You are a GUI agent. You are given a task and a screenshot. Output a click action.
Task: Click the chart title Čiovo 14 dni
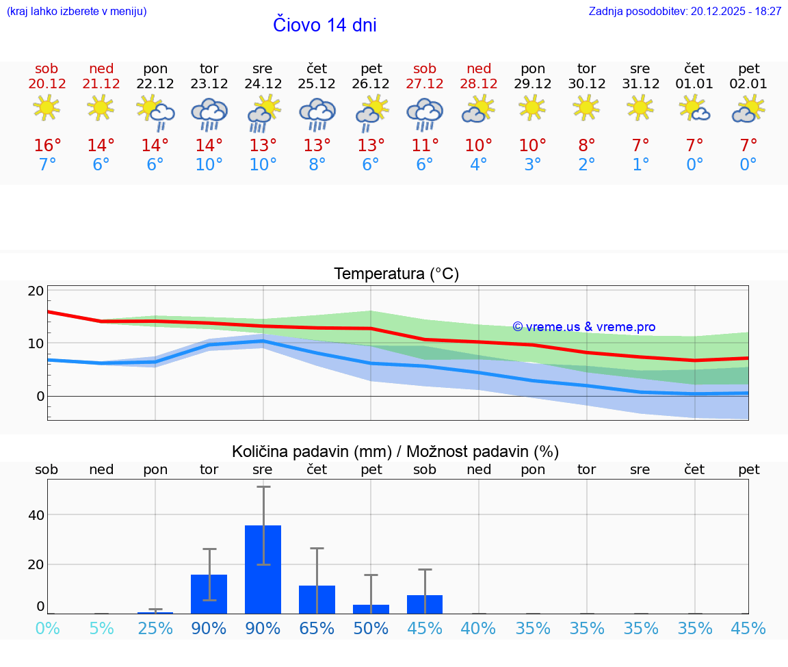tap(324, 25)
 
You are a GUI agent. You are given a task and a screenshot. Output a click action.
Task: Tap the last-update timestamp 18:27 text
tap(767, 12)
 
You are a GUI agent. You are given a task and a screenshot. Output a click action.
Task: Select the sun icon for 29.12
tap(533, 108)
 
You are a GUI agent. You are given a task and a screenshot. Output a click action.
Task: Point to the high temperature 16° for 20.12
tap(47, 146)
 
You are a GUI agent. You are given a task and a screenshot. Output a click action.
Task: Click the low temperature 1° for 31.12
tap(640, 165)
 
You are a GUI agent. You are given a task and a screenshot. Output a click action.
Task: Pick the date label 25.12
tap(317, 84)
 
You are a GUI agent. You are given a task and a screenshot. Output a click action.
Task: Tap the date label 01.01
tap(694, 84)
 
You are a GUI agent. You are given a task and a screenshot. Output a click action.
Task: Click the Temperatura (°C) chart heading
tap(396, 274)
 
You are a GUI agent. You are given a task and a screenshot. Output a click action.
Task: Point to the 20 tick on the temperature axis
tap(36, 291)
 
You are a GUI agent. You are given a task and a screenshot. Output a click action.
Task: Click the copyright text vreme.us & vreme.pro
tap(583, 327)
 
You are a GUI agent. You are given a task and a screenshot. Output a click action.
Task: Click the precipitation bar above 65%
tap(317, 599)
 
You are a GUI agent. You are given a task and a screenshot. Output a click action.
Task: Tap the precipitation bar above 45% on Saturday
tap(425, 604)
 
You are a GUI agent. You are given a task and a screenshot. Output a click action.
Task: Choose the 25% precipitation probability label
tap(155, 629)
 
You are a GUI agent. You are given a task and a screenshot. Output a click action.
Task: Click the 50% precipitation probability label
tap(371, 629)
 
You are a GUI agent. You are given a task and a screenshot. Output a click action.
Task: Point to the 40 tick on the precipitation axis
tap(36, 514)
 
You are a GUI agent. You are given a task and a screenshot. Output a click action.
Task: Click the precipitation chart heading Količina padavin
tap(395, 452)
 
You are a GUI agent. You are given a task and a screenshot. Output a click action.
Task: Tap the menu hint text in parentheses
tap(77, 12)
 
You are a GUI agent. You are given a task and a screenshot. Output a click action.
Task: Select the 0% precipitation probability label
tap(47, 629)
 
